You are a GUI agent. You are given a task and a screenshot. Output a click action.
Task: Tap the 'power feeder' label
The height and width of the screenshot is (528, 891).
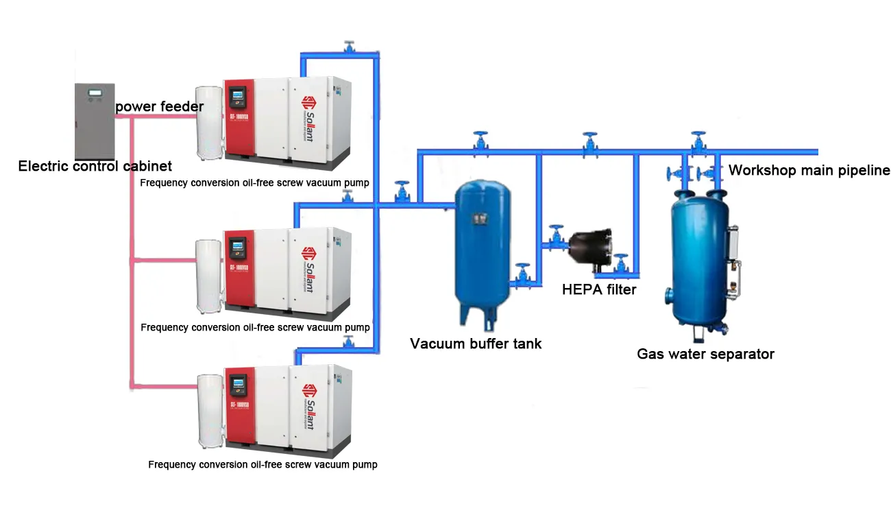pos(159,106)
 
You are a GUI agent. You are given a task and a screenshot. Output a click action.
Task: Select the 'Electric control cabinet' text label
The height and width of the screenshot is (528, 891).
pos(95,166)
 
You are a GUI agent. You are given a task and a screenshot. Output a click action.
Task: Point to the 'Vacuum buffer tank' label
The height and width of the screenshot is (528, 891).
pos(476,344)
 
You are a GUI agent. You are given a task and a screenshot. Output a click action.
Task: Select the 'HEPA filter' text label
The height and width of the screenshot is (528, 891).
pos(599,289)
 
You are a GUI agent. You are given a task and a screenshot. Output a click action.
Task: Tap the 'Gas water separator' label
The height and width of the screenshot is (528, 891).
pos(705,354)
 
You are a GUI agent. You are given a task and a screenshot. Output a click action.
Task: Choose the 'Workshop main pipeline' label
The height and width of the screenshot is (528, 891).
pos(809,170)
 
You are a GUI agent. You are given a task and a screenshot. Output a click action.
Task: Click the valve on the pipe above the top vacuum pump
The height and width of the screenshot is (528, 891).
pos(350,48)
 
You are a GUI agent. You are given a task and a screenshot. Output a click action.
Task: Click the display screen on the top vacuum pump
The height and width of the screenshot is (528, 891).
pos(238,95)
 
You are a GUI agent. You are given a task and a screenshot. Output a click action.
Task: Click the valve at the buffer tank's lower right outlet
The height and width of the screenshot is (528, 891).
pos(523,272)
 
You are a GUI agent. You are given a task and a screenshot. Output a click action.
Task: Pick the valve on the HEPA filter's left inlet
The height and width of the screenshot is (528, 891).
pos(555,237)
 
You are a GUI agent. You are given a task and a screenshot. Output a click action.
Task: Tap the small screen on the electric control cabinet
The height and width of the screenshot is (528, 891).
pos(95,93)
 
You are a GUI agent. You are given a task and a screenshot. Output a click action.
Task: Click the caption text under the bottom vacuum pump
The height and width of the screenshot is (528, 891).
pos(263,464)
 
